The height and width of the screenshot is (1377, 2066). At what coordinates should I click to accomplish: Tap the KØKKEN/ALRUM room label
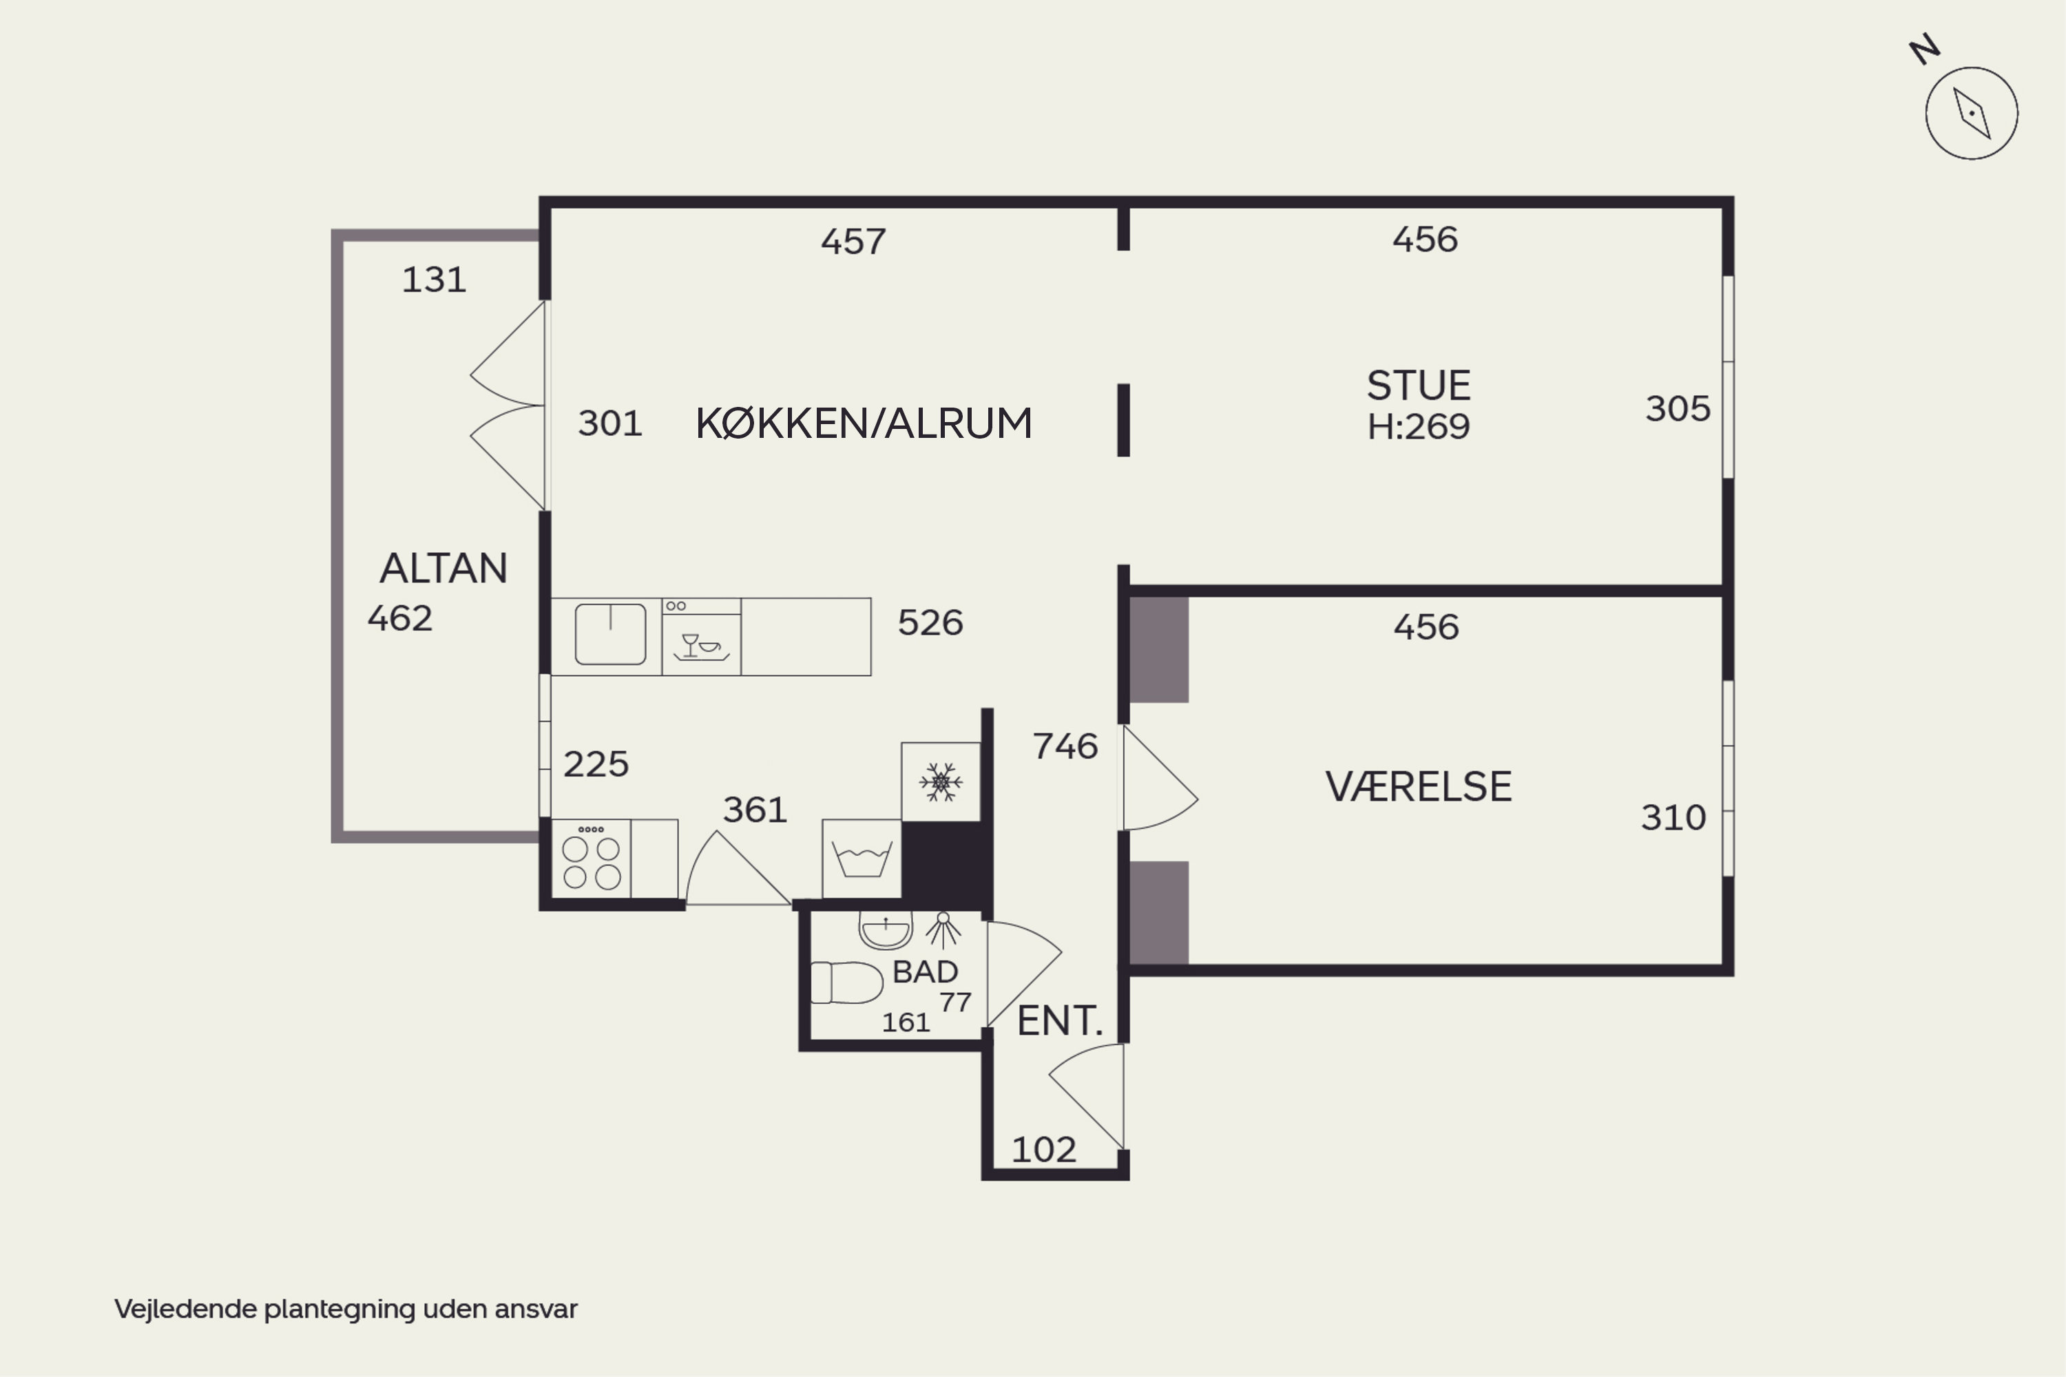click(864, 423)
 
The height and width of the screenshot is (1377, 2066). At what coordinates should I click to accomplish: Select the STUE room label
click(1418, 386)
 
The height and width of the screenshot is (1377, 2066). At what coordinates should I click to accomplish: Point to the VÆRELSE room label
click(1418, 786)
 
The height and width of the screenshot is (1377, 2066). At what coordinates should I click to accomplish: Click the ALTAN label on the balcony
click(444, 568)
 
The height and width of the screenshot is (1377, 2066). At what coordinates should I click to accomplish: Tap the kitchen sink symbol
click(610, 634)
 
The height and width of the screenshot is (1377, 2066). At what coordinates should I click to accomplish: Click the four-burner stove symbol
click(591, 859)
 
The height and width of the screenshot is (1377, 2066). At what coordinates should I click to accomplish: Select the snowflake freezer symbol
click(941, 781)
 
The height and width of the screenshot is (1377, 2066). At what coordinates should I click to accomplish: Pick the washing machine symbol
click(862, 859)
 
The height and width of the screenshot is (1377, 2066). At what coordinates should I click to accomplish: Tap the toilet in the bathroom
click(846, 982)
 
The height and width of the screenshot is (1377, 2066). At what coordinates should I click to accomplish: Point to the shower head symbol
click(943, 930)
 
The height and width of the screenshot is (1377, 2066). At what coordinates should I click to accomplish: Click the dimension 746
click(1065, 746)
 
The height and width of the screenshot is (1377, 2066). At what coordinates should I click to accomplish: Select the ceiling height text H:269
click(1419, 427)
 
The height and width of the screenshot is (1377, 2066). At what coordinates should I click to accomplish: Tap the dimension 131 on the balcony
click(434, 280)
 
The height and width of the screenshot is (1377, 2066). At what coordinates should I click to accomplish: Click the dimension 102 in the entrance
click(1043, 1150)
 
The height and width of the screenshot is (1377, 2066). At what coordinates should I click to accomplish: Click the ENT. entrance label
click(1059, 1020)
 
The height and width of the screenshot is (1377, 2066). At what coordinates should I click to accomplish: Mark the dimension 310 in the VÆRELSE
click(1673, 818)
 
